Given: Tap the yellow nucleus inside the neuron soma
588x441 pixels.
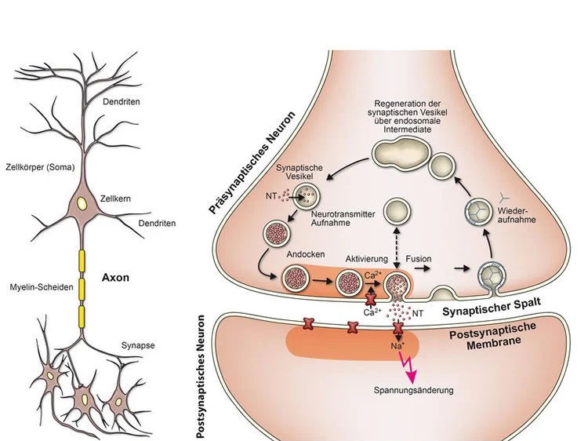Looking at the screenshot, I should click(82, 205).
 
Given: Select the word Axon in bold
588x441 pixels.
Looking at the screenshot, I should click(116, 277).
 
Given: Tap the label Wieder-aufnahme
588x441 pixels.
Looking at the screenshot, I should click(517, 217).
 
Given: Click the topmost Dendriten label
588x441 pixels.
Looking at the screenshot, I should click(127, 101).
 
